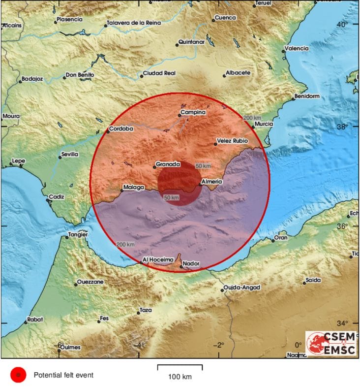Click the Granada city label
pos(168,164)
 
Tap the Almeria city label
pos(212,182)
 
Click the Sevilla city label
pos(69,155)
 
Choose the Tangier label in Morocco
pos(79,234)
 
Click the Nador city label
pos(191,264)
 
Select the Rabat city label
pos(35,320)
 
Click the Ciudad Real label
pos(159,73)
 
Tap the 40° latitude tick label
pos(342,24)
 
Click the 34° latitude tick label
pos(342,323)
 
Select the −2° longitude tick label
pos(219,345)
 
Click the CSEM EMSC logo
pos(330,343)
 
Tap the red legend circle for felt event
pos(18,375)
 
